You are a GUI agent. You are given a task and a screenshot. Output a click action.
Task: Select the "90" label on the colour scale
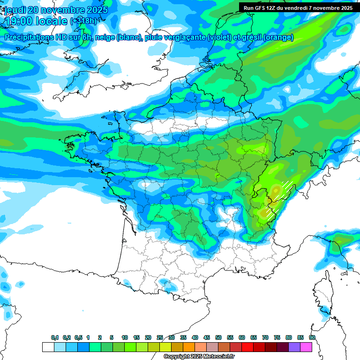pos(312,337)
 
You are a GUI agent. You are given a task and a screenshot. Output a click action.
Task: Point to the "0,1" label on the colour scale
pos(55,337)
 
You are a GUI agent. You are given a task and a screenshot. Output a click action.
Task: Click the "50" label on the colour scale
pos(218,337)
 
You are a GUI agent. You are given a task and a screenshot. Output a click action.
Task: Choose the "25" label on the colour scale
pos(160,337)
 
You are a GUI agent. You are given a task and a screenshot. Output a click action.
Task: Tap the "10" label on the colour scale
pos(125,337)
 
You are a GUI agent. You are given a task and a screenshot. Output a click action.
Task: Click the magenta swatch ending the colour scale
pos(306,347)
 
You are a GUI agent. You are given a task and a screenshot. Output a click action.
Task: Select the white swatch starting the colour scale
pos(48,347)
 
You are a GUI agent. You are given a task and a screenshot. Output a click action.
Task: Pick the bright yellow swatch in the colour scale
pos(165,347)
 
